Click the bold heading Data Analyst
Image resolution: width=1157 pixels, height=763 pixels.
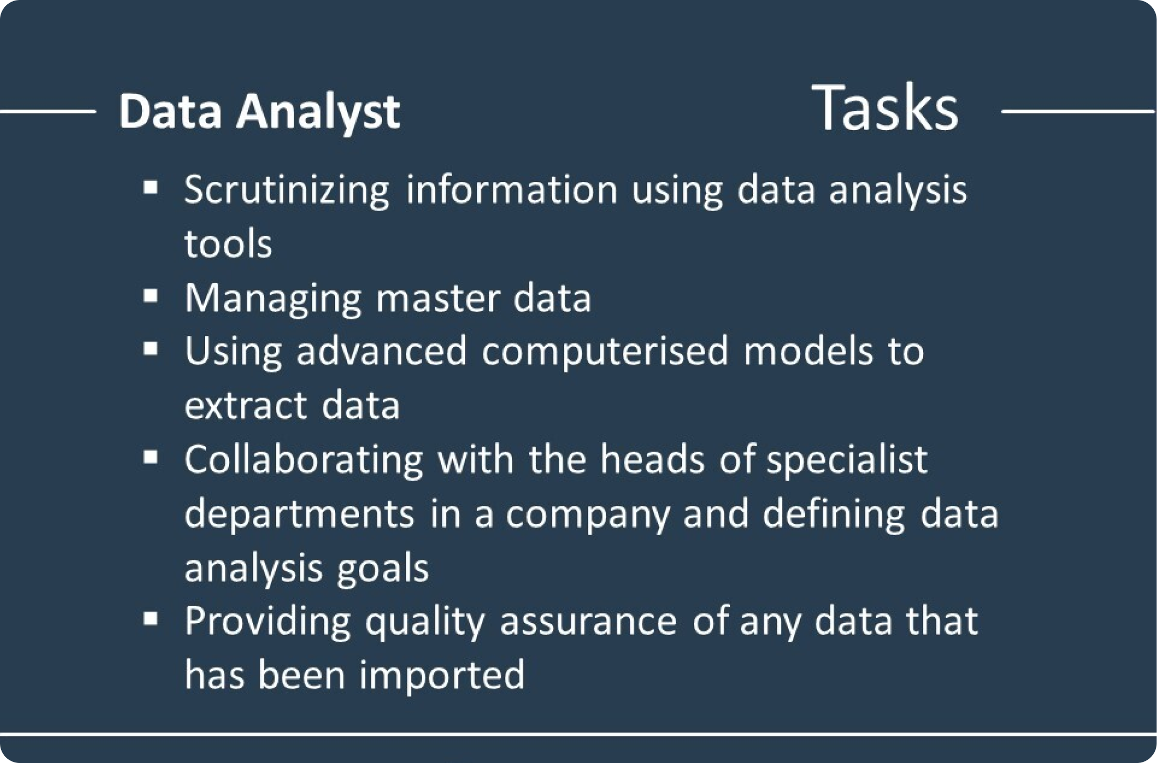click(x=259, y=112)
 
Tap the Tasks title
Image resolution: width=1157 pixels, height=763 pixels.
click(x=885, y=108)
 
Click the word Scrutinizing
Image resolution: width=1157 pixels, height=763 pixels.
click(x=287, y=191)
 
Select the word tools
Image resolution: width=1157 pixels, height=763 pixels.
click(x=228, y=244)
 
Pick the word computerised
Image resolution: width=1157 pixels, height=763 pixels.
click(x=605, y=352)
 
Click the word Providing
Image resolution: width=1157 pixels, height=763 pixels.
click(x=267, y=622)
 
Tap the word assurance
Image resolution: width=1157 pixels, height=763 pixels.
click(x=588, y=623)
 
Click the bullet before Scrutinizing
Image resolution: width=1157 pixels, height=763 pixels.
click(x=151, y=187)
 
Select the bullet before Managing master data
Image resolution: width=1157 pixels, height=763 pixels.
click(x=151, y=296)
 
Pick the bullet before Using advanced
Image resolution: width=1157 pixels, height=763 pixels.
click(x=151, y=349)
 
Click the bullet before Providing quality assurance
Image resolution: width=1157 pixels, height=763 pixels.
click(x=151, y=619)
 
